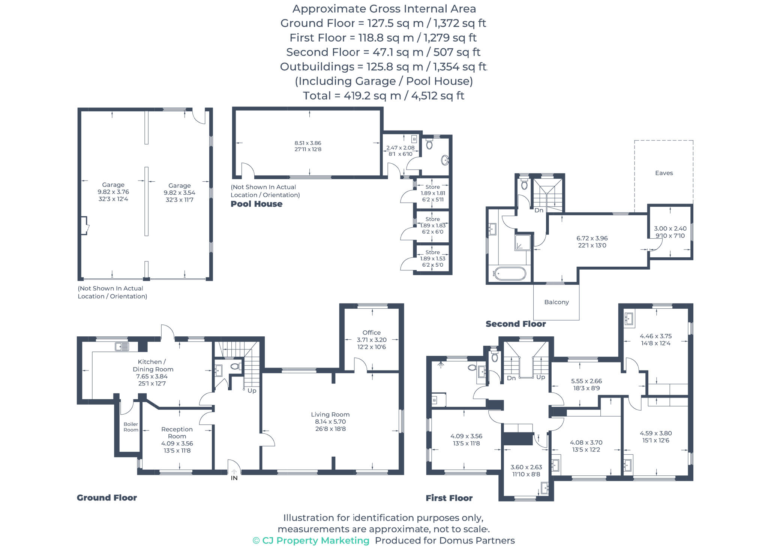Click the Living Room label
click(x=330, y=414)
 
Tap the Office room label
click(x=371, y=332)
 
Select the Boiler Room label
click(x=131, y=427)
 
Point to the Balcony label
click(x=556, y=302)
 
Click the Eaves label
click(x=664, y=173)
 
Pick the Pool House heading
click(x=256, y=204)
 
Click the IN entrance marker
click(x=234, y=478)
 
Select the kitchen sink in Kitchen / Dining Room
click(x=121, y=346)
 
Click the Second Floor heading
click(x=516, y=324)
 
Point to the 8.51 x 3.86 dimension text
click(x=307, y=143)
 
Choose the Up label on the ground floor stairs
click(x=252, y=391)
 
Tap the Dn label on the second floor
click(x=538, y=210)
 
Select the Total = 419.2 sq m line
click(x=383, y=96)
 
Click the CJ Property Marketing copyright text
click(x=311, y=541)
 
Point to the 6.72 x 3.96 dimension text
click(x=592, y=238)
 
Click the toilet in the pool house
click(x=429, y=145)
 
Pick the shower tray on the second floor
click(x=522, y=242)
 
